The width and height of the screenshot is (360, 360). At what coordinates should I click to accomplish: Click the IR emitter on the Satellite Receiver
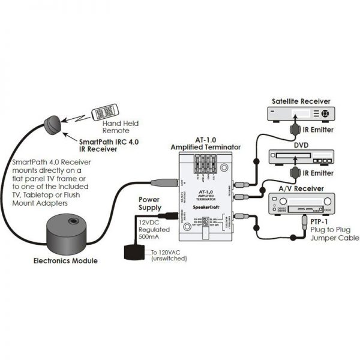[x=295, y=128]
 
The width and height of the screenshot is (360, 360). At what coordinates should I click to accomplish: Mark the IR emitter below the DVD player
[x=295, y=173]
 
